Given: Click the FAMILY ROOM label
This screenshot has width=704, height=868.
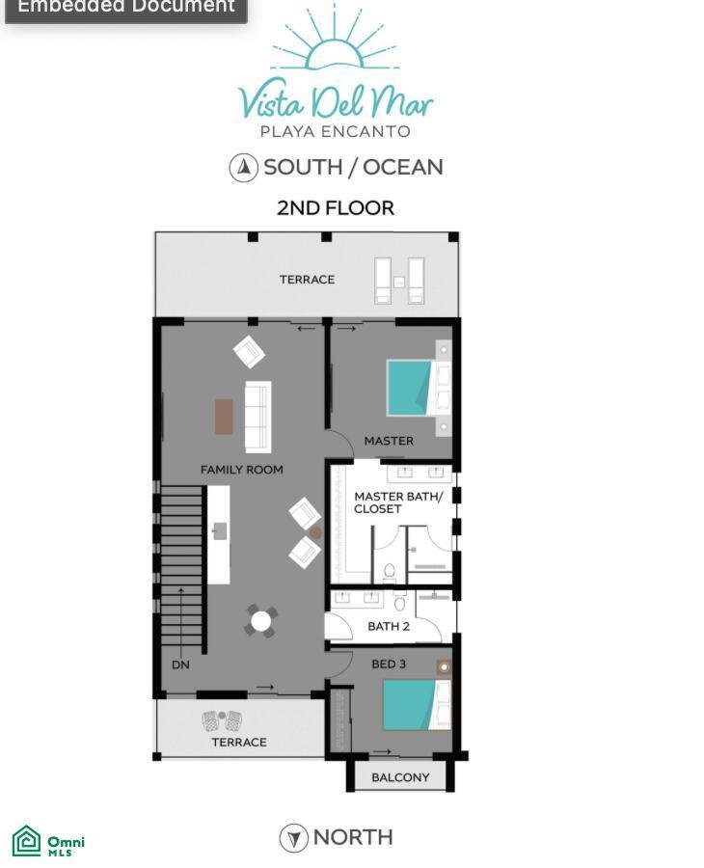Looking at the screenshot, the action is coord(242,470).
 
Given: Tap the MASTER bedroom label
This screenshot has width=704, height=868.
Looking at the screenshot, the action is coord(389,441).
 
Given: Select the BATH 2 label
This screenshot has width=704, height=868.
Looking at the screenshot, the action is coord(389,626).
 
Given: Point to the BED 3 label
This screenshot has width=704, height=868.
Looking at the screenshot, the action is coord(389,664).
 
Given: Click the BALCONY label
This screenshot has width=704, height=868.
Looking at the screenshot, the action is coord(400,777).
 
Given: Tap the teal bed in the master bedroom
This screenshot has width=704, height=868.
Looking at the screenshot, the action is coord(410,388).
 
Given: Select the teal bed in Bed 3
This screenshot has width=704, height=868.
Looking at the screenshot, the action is coord(410,705).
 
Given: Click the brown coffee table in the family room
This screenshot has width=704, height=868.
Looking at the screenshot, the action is coord(224,417).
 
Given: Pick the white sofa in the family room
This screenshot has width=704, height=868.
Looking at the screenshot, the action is coord(257,417).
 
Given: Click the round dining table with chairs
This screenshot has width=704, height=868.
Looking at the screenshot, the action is coord(261,620).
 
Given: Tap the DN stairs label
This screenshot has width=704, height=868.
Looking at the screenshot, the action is coord(180,665).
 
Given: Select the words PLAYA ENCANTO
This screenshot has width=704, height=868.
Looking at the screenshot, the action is coord(335,132).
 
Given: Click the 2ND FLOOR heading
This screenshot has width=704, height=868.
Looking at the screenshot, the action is coord(336,208).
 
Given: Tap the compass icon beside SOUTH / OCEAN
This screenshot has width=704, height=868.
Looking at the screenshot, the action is coord(244,167).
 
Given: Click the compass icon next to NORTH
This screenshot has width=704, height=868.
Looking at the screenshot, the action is coord(293,838).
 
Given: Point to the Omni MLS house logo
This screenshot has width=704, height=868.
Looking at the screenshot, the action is coord(27,840).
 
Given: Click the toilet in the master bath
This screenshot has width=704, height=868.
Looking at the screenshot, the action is coord(389,571).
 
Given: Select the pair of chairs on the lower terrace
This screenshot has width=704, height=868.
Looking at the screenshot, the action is coord(222,720).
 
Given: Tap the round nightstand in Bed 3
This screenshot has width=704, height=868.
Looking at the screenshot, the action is coord(444,667).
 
